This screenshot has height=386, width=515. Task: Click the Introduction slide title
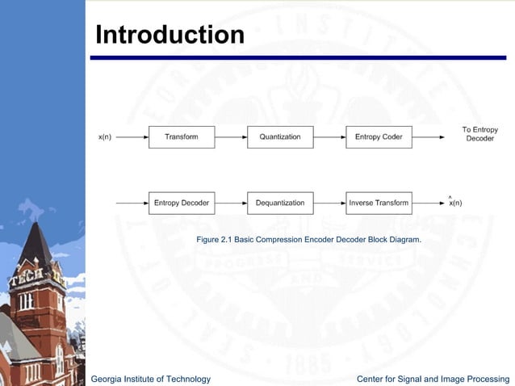[x=170, y=35]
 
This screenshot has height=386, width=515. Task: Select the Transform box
[x=182, y=137]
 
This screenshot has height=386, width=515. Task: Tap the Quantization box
[x=280, y=137]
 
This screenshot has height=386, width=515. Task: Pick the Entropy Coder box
[x=379, y=137]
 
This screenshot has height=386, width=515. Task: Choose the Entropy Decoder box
[x=182, y=203]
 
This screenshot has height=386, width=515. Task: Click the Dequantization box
[x=280, y=203]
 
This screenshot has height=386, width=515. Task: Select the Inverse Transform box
[x=379, y=203]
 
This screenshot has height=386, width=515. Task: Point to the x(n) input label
[x=105, y=137]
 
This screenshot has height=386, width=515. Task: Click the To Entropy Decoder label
[x=479, y=134]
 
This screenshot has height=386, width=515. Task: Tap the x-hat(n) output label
[x=455, y=202]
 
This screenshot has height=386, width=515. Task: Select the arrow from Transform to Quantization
[x=231, y=137]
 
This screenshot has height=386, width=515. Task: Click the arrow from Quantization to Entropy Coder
[x=329, y=137]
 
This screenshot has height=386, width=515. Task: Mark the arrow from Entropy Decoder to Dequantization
[x=231, y=203]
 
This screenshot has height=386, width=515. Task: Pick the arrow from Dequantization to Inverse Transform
[x=329, y=203]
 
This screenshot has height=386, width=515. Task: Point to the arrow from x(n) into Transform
[x=132, y=137]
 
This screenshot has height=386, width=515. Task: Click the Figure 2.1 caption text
[x=308, y=241]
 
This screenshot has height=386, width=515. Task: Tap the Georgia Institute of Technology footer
[x=151, y=379]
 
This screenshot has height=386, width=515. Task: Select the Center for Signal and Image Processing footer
[x=433, y=379]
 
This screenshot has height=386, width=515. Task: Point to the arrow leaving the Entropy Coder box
[x=428, y=137]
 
